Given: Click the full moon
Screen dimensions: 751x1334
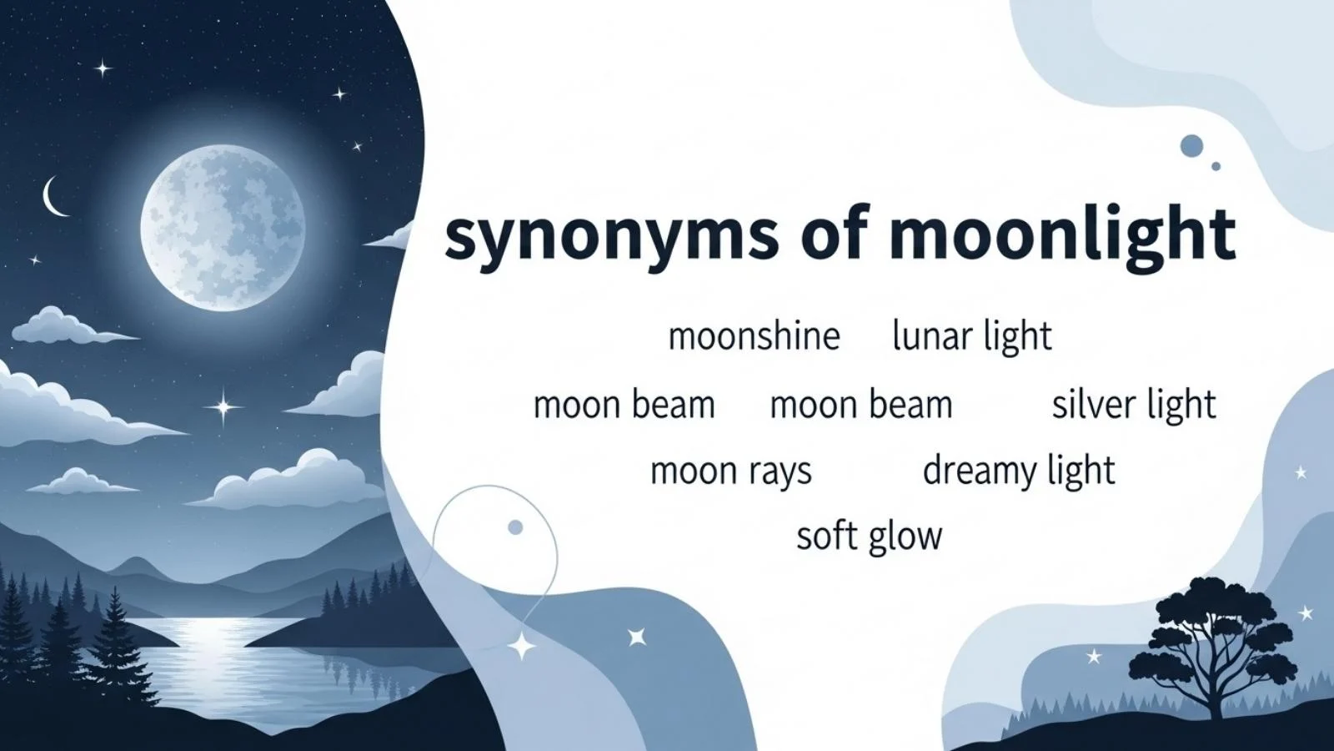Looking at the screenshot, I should [x=223, y=227].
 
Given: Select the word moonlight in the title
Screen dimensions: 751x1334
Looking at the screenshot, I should [x=1061, y=235].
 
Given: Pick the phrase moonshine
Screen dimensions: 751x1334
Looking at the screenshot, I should [x=754, y=336].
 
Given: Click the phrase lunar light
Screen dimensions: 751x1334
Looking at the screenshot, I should [x=971, y=336].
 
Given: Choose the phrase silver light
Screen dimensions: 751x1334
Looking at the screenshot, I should [x=1133, y=405].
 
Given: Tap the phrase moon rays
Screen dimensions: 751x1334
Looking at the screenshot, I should [x=730, y=471].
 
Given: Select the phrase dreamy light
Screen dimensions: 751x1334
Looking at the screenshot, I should [x=1018, y=471].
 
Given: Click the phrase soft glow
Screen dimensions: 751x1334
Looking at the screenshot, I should [x=869, y=537].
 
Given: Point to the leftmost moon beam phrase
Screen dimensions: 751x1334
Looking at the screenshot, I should [x=624, y=406].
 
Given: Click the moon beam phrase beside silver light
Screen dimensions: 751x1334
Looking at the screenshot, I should [x=860, y=406].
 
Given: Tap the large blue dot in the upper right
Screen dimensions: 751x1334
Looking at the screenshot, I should [x=1192, y=146].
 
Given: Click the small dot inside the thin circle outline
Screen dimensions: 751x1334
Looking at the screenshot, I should [x=515, y=527].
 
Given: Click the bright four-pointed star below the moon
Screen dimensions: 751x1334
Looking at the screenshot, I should [x=223, y=407].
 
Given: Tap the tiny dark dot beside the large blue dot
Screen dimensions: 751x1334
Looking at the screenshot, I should [x=1216, y=167].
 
